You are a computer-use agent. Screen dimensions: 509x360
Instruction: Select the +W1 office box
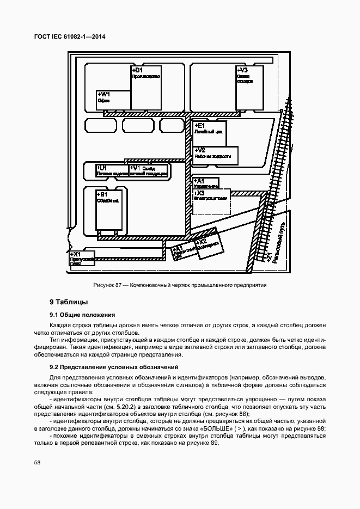click(113, 100)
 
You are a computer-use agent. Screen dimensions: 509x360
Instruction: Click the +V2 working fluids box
click(216, 154)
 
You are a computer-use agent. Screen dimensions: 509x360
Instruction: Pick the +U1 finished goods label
click(112, 171)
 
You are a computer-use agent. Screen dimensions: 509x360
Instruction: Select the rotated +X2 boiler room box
click(208, 244)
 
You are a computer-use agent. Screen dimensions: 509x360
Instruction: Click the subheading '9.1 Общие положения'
click(82, 315)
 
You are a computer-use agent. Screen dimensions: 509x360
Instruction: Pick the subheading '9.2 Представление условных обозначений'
click(114, 367)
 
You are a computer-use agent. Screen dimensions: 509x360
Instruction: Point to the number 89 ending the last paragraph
click(213, 443)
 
